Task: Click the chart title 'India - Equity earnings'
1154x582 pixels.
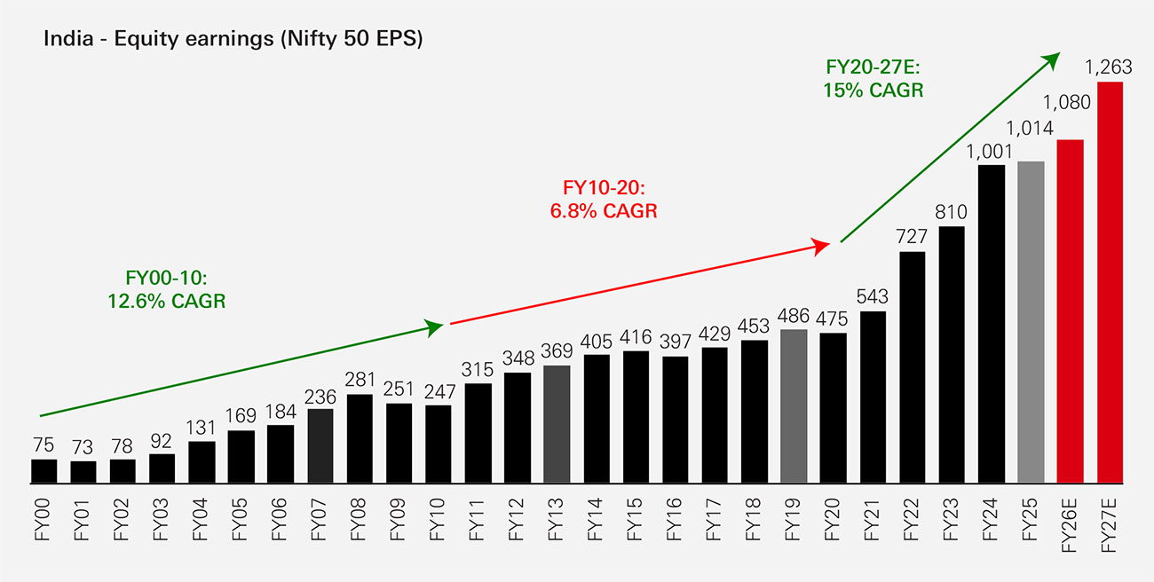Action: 159,39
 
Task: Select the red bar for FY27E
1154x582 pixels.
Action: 1111,282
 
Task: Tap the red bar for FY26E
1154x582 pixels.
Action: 1070,311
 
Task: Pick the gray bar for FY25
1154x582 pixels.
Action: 1031,322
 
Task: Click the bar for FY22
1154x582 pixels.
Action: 913,367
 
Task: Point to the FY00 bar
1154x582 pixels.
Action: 44,471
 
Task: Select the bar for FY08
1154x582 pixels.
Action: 360,439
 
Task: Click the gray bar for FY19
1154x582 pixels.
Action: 794,406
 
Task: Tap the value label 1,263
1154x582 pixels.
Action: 1109,67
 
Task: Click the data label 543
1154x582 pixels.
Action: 873,296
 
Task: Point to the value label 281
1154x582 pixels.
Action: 360,380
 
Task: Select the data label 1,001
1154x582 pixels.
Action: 989,152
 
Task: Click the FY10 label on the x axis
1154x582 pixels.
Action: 437,519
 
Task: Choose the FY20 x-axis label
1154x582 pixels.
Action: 832,519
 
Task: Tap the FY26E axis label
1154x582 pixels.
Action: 1070,525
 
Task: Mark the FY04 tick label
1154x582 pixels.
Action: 200,519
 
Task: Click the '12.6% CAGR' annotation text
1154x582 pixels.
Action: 166,302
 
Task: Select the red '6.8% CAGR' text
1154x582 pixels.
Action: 604,211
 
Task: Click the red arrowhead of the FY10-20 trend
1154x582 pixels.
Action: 821,246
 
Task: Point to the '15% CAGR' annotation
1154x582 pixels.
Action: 873,90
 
